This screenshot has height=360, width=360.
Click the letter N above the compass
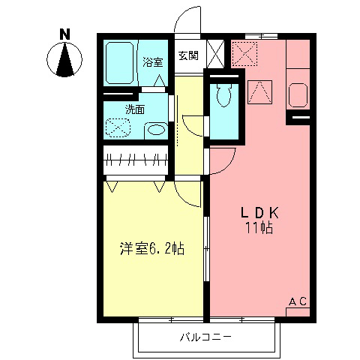point(66,34)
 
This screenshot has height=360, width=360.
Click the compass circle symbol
point(66,60)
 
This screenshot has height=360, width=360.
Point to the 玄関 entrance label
point(187,55)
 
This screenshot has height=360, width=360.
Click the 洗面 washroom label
point(135,109)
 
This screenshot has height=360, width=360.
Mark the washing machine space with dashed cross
point(118,127)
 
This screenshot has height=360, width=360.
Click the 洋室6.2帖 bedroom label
point(152,248)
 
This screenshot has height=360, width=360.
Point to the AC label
point(298,301)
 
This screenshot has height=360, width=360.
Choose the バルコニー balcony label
point(205,336)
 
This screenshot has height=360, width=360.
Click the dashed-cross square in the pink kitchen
point(245,53)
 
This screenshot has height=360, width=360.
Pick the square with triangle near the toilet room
point(257,92)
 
